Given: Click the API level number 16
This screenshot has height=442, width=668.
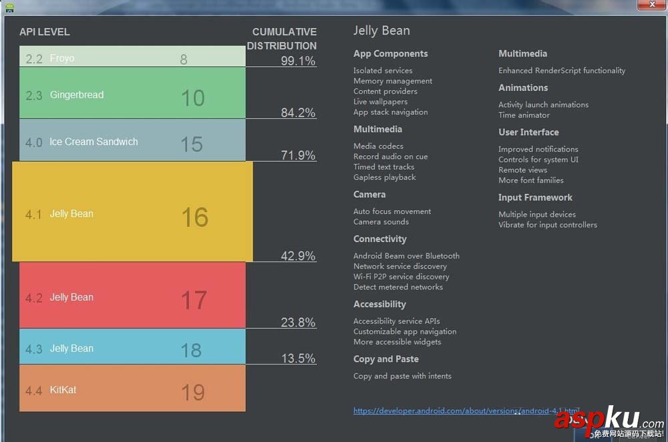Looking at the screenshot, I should [194, 217].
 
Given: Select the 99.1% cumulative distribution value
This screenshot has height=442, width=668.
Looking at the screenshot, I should [298, 61].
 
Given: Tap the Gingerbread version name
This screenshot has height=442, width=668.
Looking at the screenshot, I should [77, 95].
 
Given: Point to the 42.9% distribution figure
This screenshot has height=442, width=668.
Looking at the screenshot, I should [298, 255].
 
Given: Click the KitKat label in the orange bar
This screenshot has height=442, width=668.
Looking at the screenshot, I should [63, 390].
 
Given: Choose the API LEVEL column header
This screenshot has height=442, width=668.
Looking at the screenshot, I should [45, 32].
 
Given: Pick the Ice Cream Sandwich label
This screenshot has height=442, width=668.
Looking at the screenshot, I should [94, 142].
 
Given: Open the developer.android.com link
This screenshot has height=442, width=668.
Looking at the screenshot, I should [466, 411].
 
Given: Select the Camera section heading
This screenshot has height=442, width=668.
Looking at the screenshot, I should [369, 195].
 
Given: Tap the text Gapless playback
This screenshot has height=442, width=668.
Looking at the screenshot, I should [385, 177].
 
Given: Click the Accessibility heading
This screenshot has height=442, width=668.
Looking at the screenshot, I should [379, 304].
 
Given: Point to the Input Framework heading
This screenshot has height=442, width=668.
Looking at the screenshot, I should [535, 197].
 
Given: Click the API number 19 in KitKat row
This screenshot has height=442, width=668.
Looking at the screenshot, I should [193, 393].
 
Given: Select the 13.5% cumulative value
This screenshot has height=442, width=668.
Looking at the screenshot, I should [298, 358].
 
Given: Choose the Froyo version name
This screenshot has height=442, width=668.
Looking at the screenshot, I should [62, 58].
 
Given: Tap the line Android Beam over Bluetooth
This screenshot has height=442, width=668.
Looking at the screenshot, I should [406, 255].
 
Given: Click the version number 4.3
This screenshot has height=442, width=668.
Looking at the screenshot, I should [33, 349].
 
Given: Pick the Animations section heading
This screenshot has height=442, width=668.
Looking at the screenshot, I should [523, 88].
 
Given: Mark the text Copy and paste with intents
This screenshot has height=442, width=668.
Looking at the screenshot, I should [402, 376].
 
